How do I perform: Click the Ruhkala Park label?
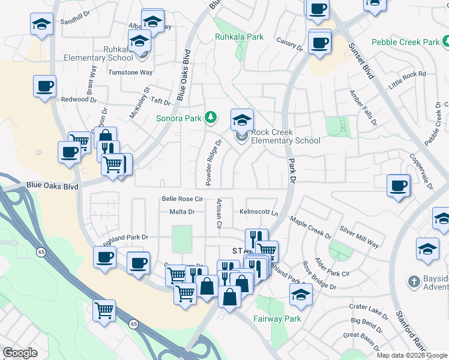pyautogui.click(x=239, y=37)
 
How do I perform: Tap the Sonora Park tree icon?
pyautogui.click(x=210, y=116)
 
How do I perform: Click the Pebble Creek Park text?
pyautogui.click(x=405, y=42)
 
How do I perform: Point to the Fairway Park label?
pyautogui.click(x=277, y=319)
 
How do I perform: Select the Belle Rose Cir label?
pyautogui.click(x=183, y=199)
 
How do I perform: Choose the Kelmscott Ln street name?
pyautogui.click(x=259, y=212)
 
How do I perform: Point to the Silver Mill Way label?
pyautogui.click(x=359, y=236)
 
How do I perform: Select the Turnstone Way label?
pyautogui.click(x=130, y=73)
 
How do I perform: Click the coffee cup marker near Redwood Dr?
pyautogui.click(x=44, y=86)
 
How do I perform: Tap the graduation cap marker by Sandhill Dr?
pyautogui.click(x=41, y=25)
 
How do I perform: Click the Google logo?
pyautogui.click(x=20, y=353)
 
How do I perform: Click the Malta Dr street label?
pyautogui.click(x=182, y=212)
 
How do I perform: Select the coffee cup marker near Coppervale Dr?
pyautogui.click(x=398, y=185)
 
